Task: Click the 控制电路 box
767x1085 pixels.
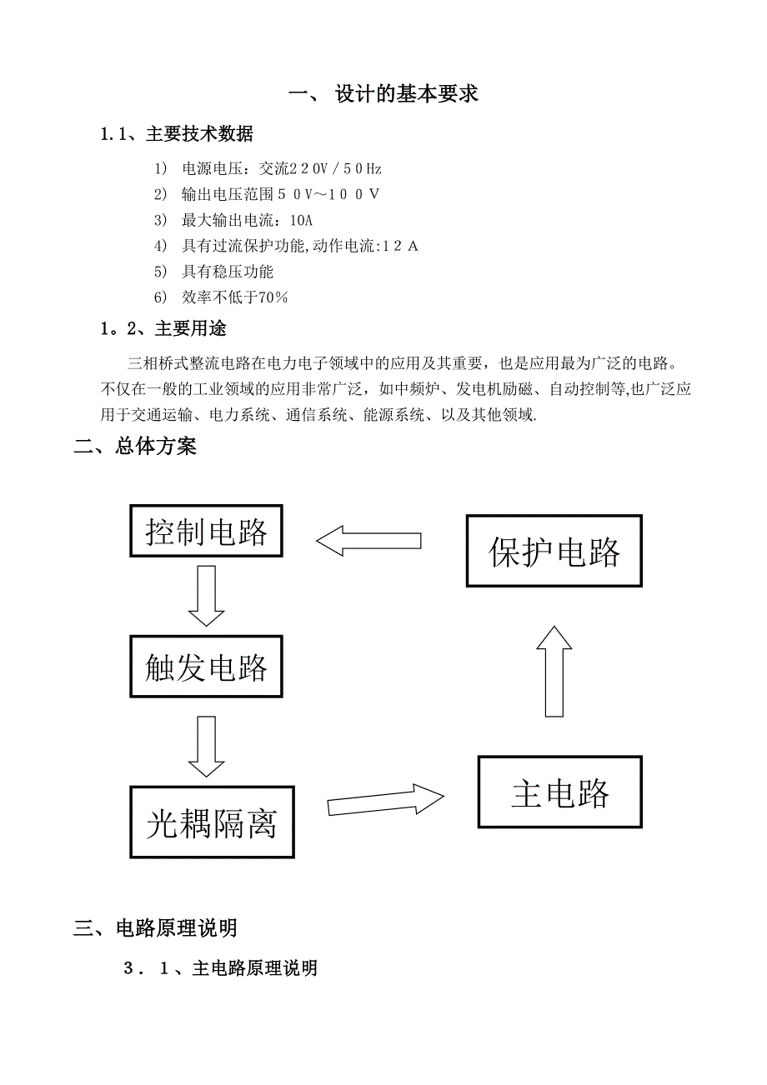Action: click(206, 531)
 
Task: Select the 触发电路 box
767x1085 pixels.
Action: click(206, 667)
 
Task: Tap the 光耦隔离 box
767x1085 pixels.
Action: click(212, 822)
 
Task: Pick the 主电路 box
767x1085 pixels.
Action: click(559, 792)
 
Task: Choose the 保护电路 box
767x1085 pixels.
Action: click(554, 551)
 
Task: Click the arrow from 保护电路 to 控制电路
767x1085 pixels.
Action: click(368, 541)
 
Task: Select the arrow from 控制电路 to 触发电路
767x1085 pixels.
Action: click(206, 595)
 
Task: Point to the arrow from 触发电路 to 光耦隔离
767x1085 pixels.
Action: click(206, 745)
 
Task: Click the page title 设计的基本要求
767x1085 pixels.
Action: click(406, 93)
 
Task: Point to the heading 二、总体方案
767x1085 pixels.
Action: click(135, 447)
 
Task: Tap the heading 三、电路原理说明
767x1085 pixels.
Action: click(155, 927)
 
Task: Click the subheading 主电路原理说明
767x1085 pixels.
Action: click(254, 968)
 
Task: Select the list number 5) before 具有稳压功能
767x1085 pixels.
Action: click(161, 272)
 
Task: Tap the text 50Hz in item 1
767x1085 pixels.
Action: click(362, 168)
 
